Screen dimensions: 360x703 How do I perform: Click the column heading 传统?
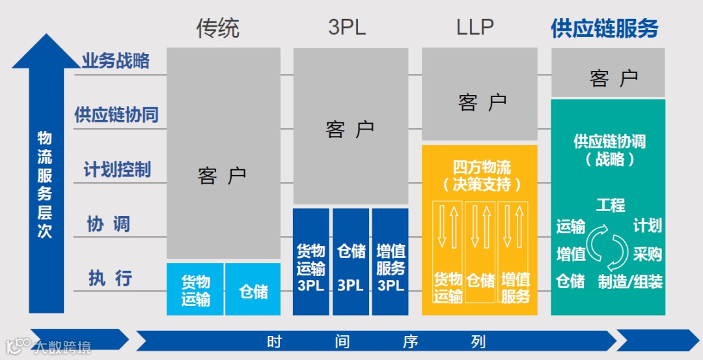[217, 28]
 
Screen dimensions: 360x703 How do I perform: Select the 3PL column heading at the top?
[347, 27]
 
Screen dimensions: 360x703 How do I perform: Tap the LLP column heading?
[475, 27]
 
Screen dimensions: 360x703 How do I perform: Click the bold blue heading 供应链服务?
[604, 29]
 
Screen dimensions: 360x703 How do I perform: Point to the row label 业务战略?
[115, 61]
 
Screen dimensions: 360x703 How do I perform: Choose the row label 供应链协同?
[116, 115]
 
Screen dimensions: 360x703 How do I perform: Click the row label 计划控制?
[117, 169]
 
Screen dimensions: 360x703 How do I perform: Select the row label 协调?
[109, 224]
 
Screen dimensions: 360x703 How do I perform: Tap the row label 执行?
[110, 278]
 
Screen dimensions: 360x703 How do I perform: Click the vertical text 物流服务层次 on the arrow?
[45, 184]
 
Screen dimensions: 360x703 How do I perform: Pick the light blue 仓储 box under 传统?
[253, 290]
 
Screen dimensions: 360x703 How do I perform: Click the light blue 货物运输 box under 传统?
[195, 290]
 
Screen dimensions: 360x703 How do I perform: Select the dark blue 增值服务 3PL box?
[391, 267]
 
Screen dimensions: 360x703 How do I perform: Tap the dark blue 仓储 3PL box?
[351, 267]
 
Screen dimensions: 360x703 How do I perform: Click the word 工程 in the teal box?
[610, 206]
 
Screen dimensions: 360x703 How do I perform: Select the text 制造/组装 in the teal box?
[630, 282]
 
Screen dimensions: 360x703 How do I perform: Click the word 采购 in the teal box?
[647, 253]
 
